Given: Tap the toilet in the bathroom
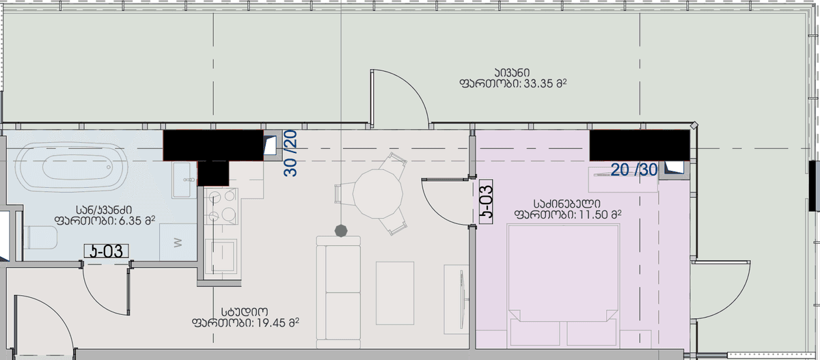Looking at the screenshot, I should tap(41, 239).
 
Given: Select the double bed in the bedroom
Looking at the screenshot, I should tap(563, 287).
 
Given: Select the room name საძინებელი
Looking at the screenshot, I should tap(566, 203).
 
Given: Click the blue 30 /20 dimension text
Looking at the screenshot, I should tap(291, 154).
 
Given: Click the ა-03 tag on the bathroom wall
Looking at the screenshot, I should tap(106, 251).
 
